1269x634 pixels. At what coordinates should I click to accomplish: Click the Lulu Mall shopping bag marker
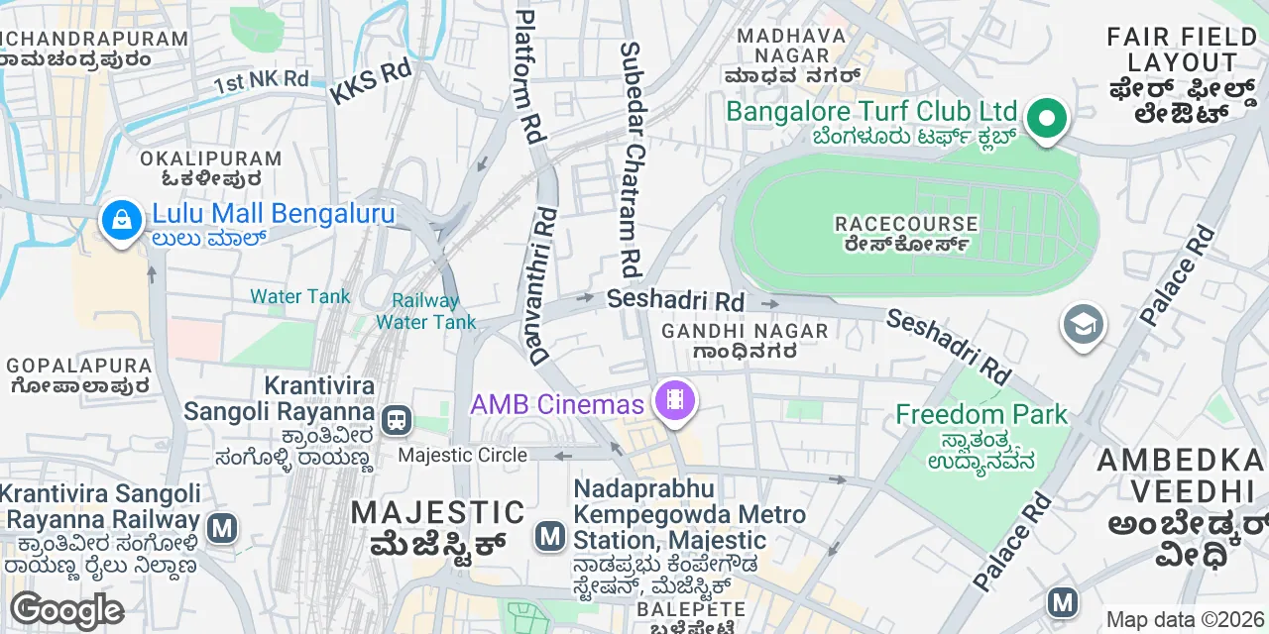(x=121, y=220)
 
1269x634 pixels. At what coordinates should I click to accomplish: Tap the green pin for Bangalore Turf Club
(x=1044, y=119)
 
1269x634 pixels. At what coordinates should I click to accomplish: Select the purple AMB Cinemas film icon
(x=674, y=401)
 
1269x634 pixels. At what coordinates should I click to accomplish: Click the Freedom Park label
(x=981, y=414)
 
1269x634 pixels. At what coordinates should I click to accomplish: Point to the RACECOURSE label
(x=906, y=224)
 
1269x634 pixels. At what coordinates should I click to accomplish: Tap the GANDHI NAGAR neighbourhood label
(x=745, y=331)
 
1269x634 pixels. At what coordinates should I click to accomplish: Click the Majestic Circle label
(x=462, y=455)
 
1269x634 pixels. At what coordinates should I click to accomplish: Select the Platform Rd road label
(x=531, y=74)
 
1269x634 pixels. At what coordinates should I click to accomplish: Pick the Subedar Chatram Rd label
(x=631, y=158)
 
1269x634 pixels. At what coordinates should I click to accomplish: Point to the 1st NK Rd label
(x=262, y=80)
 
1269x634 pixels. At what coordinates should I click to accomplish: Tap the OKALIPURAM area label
(x=210, y=158)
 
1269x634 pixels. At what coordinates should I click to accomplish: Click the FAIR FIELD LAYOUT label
(x=1182, y=50)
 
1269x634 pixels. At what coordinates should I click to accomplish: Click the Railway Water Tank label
(x=426, y=311)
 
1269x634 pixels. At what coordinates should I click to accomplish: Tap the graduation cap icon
(x=1083, y=325)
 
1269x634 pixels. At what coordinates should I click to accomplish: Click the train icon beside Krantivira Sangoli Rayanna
(x=398, y=419)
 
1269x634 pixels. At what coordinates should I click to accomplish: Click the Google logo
(x=66, y=610)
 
